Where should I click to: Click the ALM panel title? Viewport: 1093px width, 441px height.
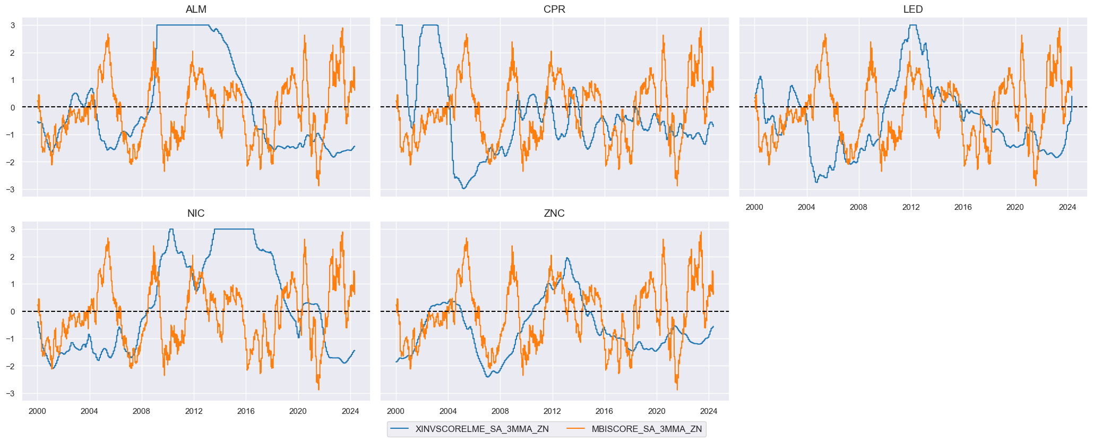196,10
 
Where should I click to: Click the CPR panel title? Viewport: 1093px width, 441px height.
554,10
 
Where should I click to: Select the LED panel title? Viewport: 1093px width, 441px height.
913,10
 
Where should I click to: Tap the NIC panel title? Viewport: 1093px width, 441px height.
196,214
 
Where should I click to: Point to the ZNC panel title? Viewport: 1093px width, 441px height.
554,214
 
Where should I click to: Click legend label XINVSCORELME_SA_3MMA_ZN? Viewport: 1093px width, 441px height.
482,429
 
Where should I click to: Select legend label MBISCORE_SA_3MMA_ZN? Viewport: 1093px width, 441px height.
647,429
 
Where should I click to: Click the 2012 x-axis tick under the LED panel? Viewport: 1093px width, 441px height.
911,207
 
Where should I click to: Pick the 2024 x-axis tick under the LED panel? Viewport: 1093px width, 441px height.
1068,207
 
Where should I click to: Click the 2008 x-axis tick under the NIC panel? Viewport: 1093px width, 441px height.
142,411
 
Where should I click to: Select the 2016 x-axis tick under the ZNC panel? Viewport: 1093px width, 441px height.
604,411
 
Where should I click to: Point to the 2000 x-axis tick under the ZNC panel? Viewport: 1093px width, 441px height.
395,411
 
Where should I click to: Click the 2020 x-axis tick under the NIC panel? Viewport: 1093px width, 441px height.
298,411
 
